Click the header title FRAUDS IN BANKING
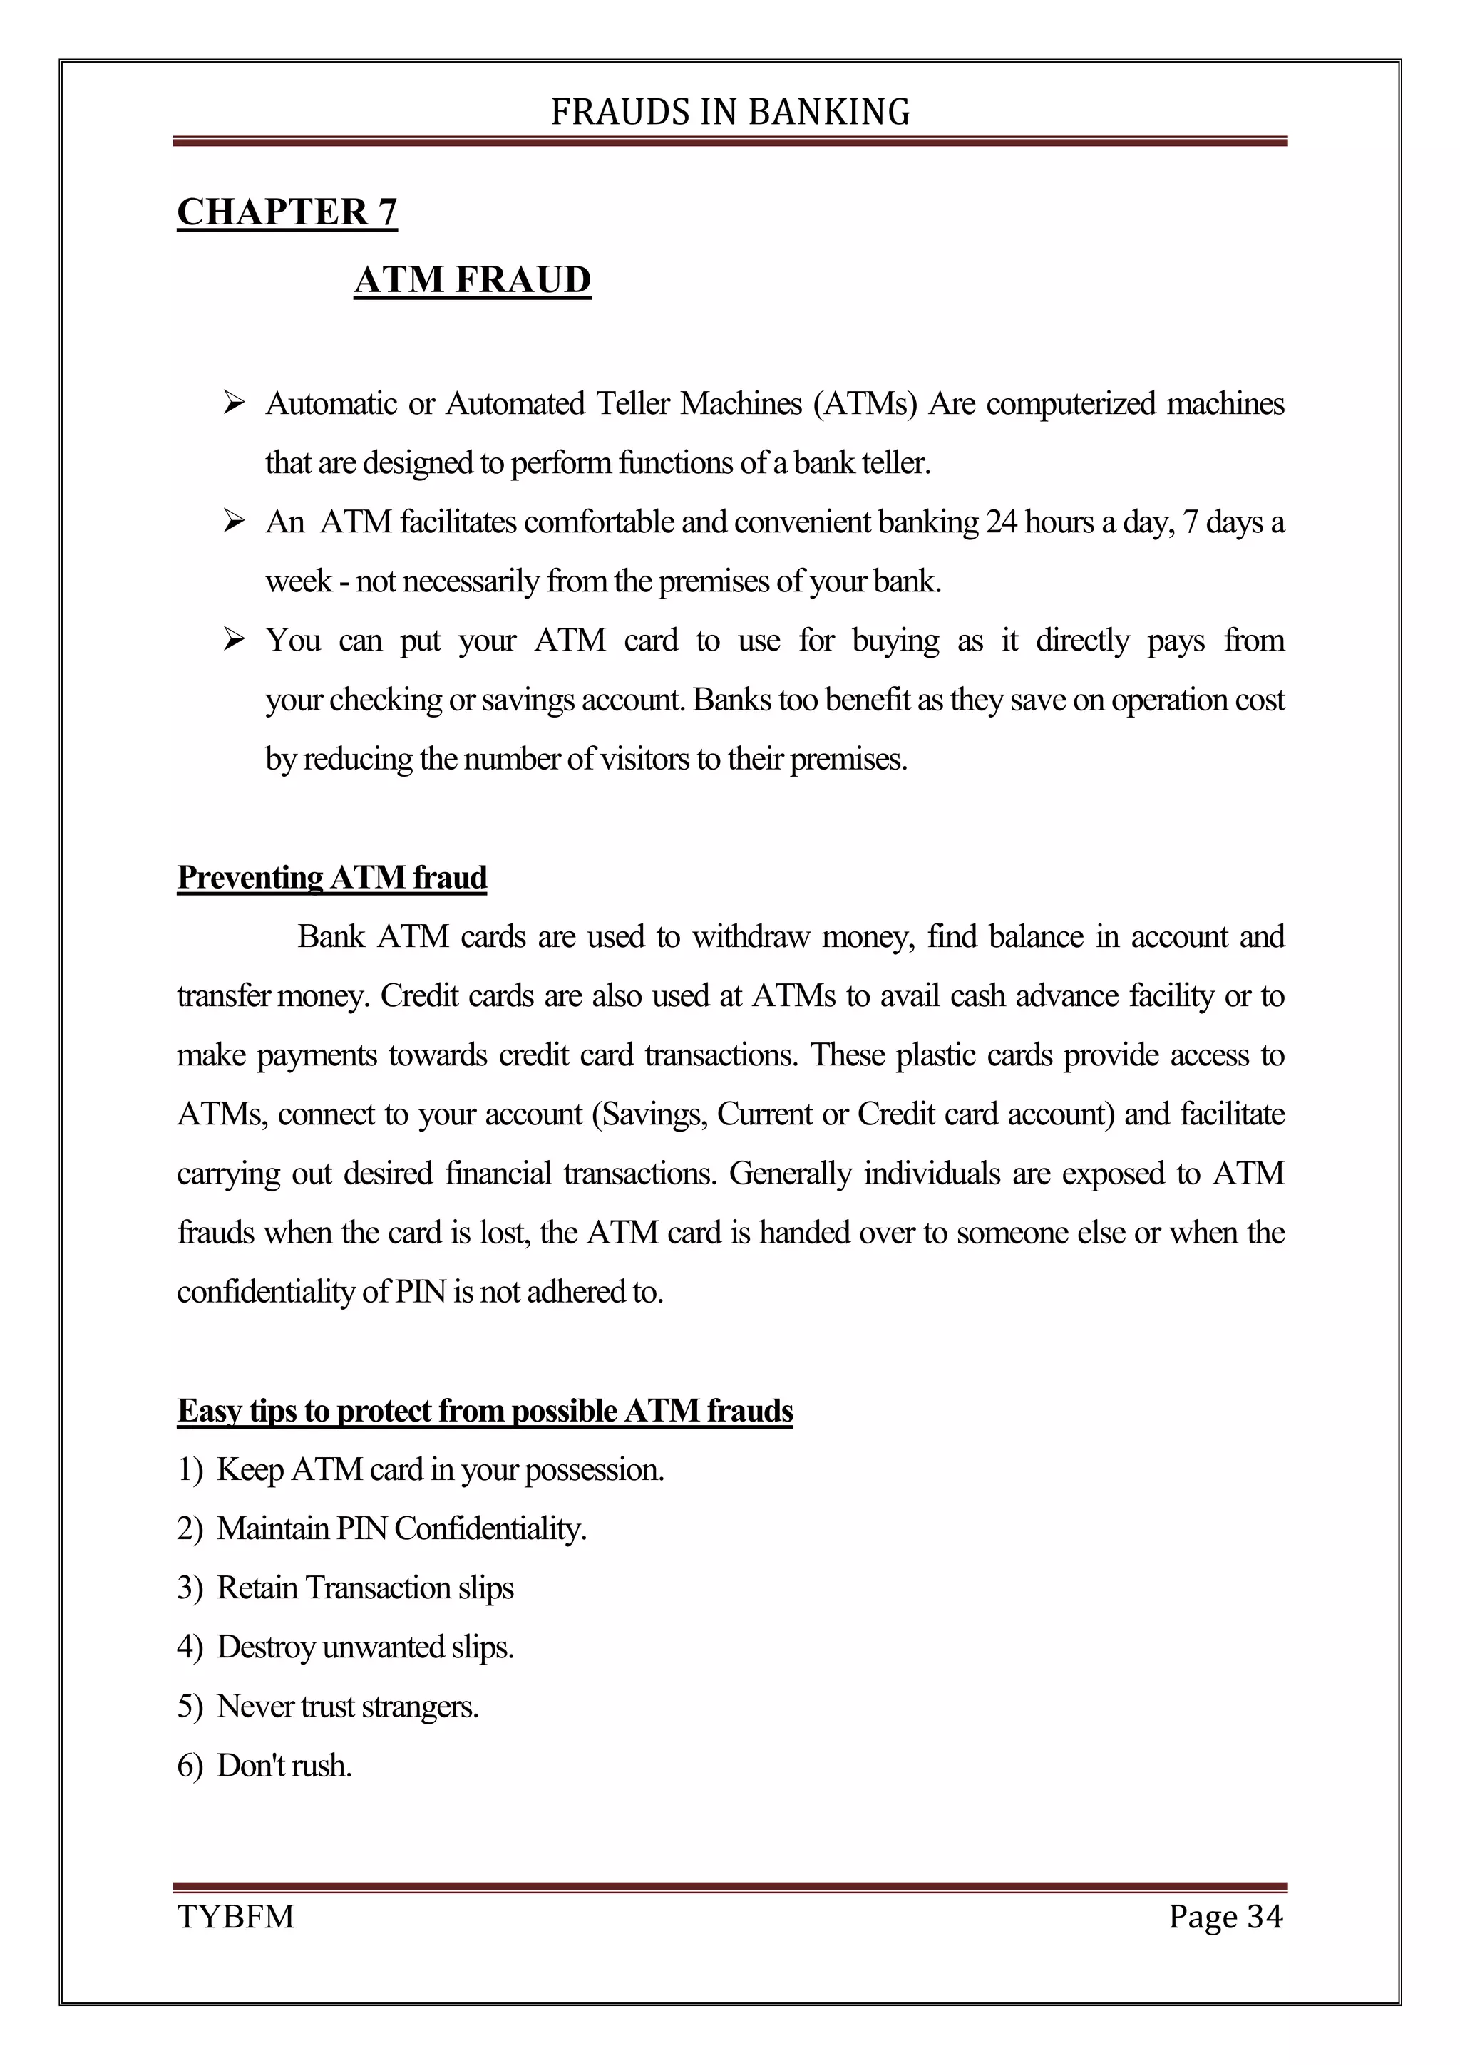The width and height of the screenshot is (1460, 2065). coord(729,113)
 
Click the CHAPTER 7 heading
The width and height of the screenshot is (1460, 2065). coord(287,212)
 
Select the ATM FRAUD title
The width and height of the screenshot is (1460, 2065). coord(472,280)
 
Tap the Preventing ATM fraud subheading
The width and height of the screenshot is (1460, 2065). coord(332,877)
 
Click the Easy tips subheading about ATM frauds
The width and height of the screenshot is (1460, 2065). coord(485,1410)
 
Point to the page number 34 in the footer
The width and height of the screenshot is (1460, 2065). coord(1264,1917)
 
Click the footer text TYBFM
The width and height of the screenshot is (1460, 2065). coord(236,1917)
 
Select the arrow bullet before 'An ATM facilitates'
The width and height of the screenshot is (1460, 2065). coord(234,522)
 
